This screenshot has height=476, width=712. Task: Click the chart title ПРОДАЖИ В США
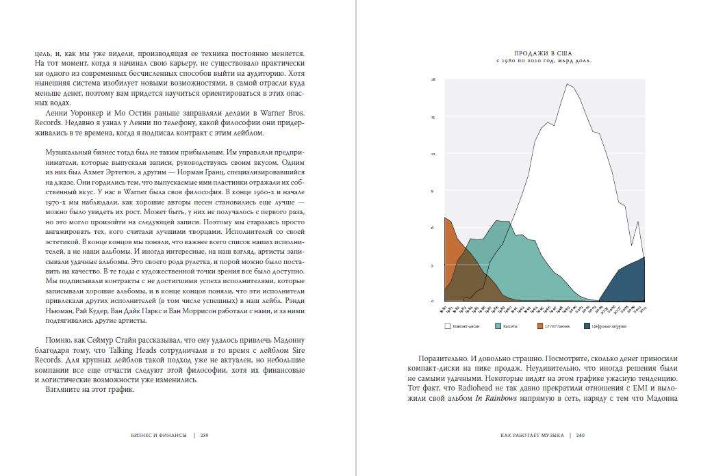pyautogui.click(x=544, y=53)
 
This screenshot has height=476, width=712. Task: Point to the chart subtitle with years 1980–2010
pyautogui.click(x=544, y=60)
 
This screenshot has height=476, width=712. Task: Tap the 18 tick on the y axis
pyautogui.click(x=433, y=80)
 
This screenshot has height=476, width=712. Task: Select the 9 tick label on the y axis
pyautogui.click(x=433, y=191)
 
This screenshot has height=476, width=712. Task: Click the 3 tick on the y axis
pyautogui.click(x=433, y=265)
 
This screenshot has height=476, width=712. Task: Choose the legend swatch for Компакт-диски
pyautogui.click(x=447, y=326)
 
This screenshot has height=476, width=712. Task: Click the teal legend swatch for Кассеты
pyautogui.click(x=498, y=326)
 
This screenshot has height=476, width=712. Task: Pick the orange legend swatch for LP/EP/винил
pyautogui.click(x=540, y=326)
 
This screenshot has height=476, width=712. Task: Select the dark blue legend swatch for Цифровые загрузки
pyautogui.click(x=587, y=326)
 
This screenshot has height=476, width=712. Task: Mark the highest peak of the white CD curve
pyautogui.click(x=568, y=84)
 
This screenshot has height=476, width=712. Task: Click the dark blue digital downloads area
pyautogui.click(x=626, y=284)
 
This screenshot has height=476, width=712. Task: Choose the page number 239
pyautogui.click(x=204, y=434)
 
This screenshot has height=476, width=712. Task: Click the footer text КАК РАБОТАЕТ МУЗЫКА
pyautogui.click(x=532, y=434)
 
